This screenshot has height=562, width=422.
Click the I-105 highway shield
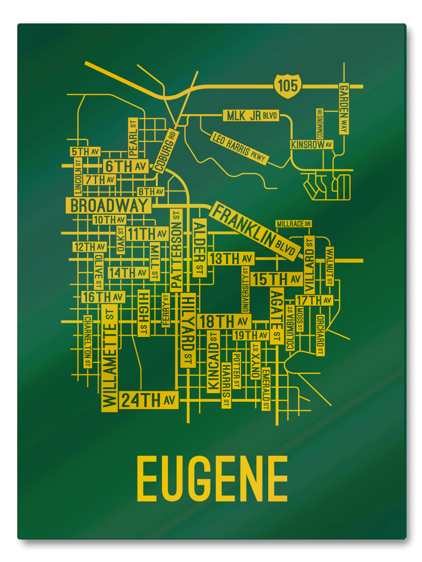pyautogui.click(x=287, y=86)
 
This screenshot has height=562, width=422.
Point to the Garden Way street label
pyautogui.click(x=345, y=109)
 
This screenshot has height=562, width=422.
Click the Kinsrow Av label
pyautogui.click(x=311, y=145)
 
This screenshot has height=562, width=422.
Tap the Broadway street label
pyautogui.click(x=108, y=205)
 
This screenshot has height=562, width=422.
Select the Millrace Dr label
pyautogui.click(x=294, y=223)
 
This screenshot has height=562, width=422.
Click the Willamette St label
pyautogui.click(x=109, y=358)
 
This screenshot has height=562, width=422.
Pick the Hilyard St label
pyautogui.click(x=188, y=330)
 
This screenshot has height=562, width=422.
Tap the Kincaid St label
pyautogui.click(x=213, y=361)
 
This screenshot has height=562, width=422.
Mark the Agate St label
pyautogui.click(x=277, y=316)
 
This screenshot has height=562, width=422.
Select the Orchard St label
pyautogui.click(x=320, y=334)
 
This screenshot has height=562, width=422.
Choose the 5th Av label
pyautogui.click(x=85, y=152)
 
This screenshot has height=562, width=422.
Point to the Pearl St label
pyautogui.click(x=132, y=138)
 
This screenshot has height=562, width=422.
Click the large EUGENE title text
pyautogui.click(x=212, y=479)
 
